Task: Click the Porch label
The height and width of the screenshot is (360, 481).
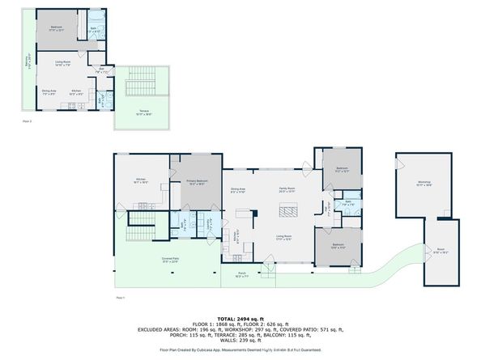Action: (243, 277)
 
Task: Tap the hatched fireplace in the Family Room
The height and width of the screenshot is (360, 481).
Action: (289, 212)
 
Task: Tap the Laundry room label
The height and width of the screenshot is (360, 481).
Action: (208, 226)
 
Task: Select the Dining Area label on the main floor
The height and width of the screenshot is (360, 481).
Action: (237, 191)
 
